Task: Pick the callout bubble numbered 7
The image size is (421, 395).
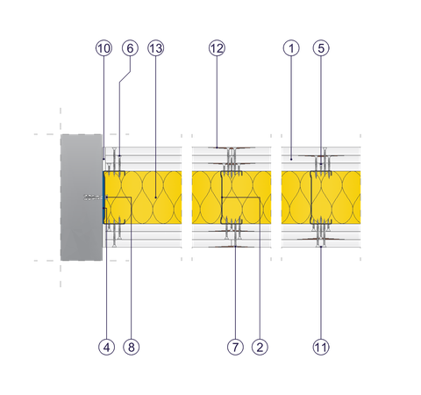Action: [x=234, y=348]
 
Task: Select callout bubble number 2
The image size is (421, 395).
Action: [x=260, y=348]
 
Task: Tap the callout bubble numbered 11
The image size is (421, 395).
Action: [x=322, y=348]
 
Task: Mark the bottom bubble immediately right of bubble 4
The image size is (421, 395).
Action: [x=131, y=348]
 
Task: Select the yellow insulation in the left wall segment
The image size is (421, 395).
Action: [x=145, y=197]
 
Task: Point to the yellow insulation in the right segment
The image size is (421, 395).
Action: [x=320, y=197]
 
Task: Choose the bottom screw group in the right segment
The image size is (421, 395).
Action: [x=322, y=233]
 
